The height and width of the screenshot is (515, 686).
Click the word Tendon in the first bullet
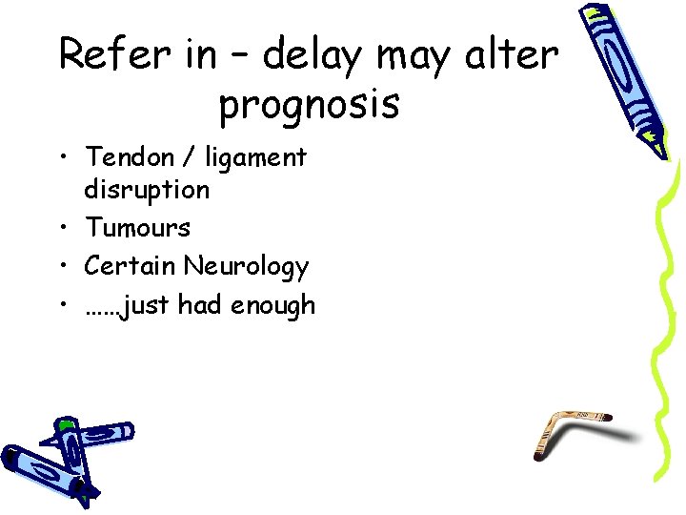click(x=127, y=156)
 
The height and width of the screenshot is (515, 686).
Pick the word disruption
click(x=147, y=190)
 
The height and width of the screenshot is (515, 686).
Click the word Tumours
click(x=137, y=228)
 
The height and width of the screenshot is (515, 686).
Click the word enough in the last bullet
click(x=270, y=306)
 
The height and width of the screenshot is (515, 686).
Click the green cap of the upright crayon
click(x=65, y=424)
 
